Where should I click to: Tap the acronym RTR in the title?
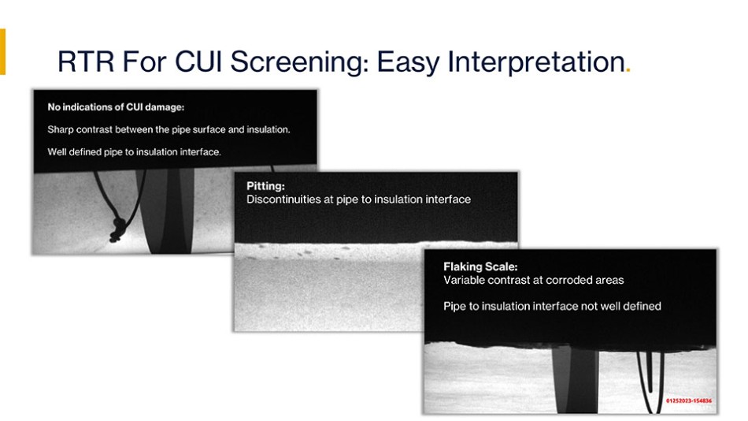(86, 61)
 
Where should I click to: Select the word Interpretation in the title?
(536, 62)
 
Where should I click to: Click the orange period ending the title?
(628, 70)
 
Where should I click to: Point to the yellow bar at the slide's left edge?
(2, 51)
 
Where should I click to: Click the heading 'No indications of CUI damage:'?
(116, 107)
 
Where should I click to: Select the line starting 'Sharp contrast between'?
(168, 129)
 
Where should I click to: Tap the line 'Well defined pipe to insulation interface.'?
(134, 152)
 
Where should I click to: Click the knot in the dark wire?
(117, 229)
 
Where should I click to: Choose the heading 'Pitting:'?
(265, 186)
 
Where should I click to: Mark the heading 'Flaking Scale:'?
(480, 266)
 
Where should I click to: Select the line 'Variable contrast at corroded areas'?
(533, 280)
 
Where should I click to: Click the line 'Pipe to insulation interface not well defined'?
(552, 307)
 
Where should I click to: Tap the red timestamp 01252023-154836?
(689, 401)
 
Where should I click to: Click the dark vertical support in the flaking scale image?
(575, 380)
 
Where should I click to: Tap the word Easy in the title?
(409, 62)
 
